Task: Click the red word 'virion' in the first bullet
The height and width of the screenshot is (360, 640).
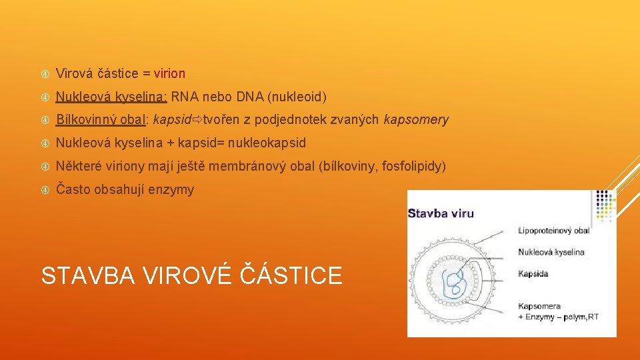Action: click(169, 73)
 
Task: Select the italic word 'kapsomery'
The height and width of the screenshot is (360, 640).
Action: click(416, 120)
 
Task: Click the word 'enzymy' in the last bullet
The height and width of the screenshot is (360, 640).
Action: click(173, 189)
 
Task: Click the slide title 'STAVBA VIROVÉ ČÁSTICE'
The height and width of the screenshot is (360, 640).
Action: click(192, 275)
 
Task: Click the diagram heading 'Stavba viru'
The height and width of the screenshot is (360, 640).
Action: click(441, 213)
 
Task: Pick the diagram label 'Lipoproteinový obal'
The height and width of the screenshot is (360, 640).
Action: click(553, 231)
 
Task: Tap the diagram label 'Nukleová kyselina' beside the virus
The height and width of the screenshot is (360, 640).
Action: click(551, 252)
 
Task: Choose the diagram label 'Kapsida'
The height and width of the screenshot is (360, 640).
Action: click(533, 274)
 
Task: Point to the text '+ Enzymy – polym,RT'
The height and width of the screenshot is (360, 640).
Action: click(558, 317)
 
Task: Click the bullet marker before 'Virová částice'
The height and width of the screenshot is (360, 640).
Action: click(45, 73)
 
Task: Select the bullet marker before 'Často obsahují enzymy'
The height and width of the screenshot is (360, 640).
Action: click(45, 189)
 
